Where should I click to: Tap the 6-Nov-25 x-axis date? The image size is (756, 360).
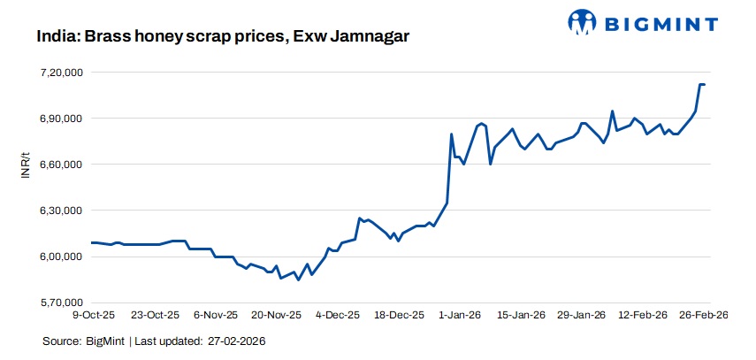click(x=216, y=314)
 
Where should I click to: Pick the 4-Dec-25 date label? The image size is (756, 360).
click(x=339, y=314)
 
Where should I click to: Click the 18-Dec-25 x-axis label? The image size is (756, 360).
click(x=400, y=314)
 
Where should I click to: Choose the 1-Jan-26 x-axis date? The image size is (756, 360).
click(x=461, y=314)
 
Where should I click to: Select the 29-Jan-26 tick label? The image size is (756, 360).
click(x=582, y=314)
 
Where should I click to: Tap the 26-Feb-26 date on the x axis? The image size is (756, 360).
click(x=704, y=314)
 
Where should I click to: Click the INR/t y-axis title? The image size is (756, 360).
click(x=25, y=165)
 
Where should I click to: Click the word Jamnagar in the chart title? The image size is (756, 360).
click(x=370, y=38)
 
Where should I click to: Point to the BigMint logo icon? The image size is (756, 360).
click(x=582, y=21)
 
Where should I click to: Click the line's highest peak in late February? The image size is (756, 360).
click(x=701, y=84)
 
